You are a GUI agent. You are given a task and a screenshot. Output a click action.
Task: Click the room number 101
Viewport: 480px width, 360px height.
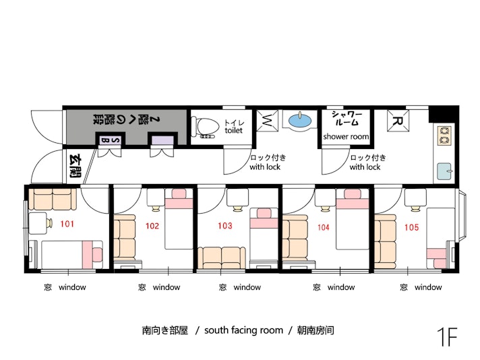pyautogui.click(x=67, y=224)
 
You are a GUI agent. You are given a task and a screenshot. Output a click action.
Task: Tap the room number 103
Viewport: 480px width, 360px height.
pyautogui.click(x=225, y=226)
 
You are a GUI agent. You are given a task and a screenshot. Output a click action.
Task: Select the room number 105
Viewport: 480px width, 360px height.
pyautogui.click(x=411, y=227)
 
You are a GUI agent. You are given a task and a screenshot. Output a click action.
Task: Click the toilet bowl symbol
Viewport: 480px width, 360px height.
pyautogui.click(x=205, y=127)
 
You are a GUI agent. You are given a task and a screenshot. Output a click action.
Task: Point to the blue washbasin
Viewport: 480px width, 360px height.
pyautogui.click(x=300, y=120)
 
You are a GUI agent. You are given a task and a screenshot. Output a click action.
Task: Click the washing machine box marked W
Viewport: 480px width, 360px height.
pyautogui.click(x=267, y=121)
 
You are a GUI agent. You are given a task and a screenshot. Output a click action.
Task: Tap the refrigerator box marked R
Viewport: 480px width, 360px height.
pyautogui.click(x=398, y=121)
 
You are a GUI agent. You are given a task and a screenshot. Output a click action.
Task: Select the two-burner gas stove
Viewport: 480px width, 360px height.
pyautogui.click(x=444, y=136)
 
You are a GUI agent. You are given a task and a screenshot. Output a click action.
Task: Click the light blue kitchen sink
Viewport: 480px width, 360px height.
pyautogui.click(x=444, y=171)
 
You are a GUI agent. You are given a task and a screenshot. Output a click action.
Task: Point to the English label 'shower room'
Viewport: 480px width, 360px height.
pyautogui.click(x=346, y=137)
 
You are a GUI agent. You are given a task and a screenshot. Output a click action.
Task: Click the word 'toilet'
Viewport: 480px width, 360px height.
pyautogui.click(x=233, y=131)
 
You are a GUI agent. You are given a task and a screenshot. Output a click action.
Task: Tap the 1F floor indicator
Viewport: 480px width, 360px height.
pyautogui.click(x=447, y=336)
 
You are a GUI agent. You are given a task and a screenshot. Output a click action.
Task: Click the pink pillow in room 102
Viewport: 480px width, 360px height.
pyautogui.click(x=179, y=193)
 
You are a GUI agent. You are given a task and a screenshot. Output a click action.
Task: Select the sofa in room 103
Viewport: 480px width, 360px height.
pyautogui.click(x=221, y=258)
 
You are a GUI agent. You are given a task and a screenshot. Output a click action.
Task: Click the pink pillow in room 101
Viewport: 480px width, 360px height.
pyautogui.click(x=97, y=255)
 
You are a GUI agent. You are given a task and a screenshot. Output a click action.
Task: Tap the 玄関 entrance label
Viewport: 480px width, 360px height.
pyautogui.click(x=75, y=167)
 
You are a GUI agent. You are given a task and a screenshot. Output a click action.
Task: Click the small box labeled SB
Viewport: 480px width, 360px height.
pyautogui.click(x=110, y=140)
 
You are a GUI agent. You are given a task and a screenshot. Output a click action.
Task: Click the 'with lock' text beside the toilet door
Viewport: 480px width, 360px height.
pyautogui.click(x=265, y=167)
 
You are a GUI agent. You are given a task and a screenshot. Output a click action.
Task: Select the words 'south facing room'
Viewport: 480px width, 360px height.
pyautogui.click(x=243, y=330)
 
